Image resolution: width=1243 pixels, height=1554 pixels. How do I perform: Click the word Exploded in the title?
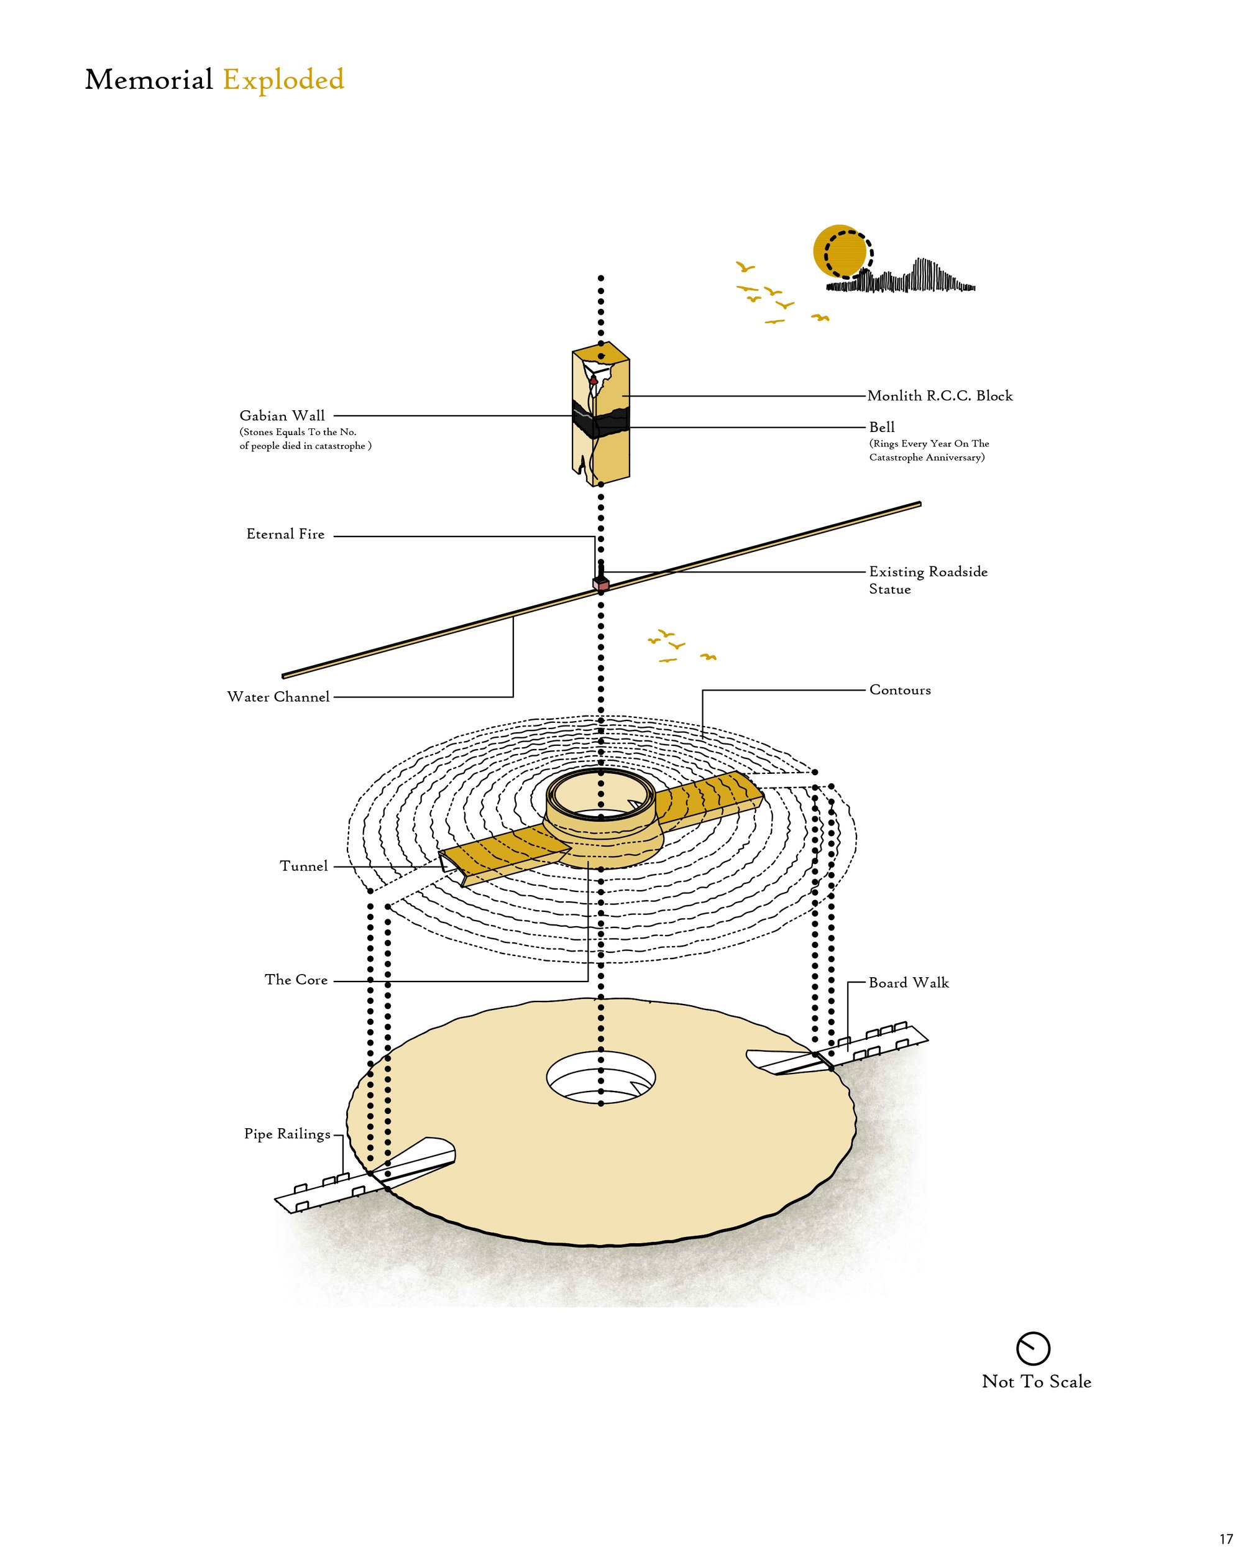click(x=283, y=80)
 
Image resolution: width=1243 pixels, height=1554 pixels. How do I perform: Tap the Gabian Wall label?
click(x=282, y=415)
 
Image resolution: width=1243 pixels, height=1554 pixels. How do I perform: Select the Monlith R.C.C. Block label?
click(x=940, y=396)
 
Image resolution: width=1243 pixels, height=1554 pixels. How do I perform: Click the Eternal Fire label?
click(x=285, y=534)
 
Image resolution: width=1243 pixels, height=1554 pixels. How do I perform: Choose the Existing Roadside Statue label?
click(x=928, y=580)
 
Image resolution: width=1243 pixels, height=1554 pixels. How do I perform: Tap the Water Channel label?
click(x=278, y=696)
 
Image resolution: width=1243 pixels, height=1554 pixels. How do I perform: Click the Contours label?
click(x=900, y=690)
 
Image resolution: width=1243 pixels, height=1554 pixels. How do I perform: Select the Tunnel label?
click(x=303, y=866)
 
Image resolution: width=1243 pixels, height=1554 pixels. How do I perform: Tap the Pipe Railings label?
click(x=287, y=1134)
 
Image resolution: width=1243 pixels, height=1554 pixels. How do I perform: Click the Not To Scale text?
click(x=1036, y=1382)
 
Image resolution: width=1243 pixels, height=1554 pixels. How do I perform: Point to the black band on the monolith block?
click(x=600, y=420)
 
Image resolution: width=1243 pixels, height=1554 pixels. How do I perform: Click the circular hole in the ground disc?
click(x=601, y=1078)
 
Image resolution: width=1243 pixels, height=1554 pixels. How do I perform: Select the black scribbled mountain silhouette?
click(x=901, y=277)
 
